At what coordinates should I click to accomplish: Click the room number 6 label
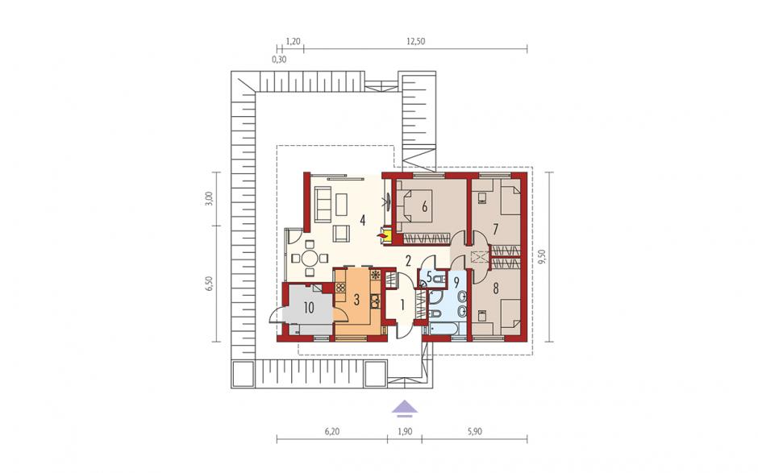pyautogui.click(x=424, y=206)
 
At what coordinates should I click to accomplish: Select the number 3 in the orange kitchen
pyautogui.click(x=356, y=300)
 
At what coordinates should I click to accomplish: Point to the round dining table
pyautogui.click(x=310, y=259)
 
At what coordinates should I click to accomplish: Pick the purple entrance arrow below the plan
pyautogui.click(x=405, y=409)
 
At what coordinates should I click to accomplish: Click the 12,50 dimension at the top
pyautogui.click(x=415, y=42)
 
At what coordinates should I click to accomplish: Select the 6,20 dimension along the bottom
pyautogui.click(x=332, y=432)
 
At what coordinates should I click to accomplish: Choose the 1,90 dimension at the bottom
pyautogui.click(x=405, y=432)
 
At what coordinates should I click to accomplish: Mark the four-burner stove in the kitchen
pyautogui.click(x=340, y=287)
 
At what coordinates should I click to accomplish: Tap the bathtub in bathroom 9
pyautogui.click(x=444, y=330)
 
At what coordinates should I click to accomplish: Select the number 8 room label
pyautogui.click(x=495, y=289)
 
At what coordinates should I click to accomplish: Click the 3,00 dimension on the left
pyautogui.click(x=208, y=199)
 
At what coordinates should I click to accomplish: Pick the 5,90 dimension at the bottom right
pyautogui.click(x=474, y=432)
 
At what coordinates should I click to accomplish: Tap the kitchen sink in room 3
pyautogui.click(x=375, y=301)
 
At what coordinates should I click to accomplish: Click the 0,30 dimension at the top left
pyautogui.click(x=279, y=60)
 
